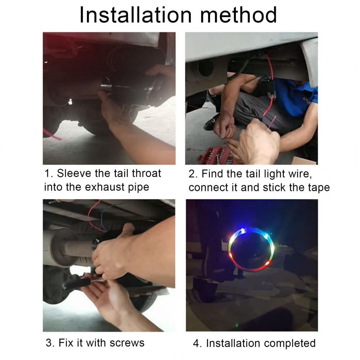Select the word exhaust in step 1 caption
pos(105,187)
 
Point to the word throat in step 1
pos(146,173)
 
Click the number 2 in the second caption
pos(192,174)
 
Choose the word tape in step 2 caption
pos(319,188)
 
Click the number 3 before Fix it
pos(49,343)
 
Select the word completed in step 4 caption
pos(290,343)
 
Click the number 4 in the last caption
pos(196,343)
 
